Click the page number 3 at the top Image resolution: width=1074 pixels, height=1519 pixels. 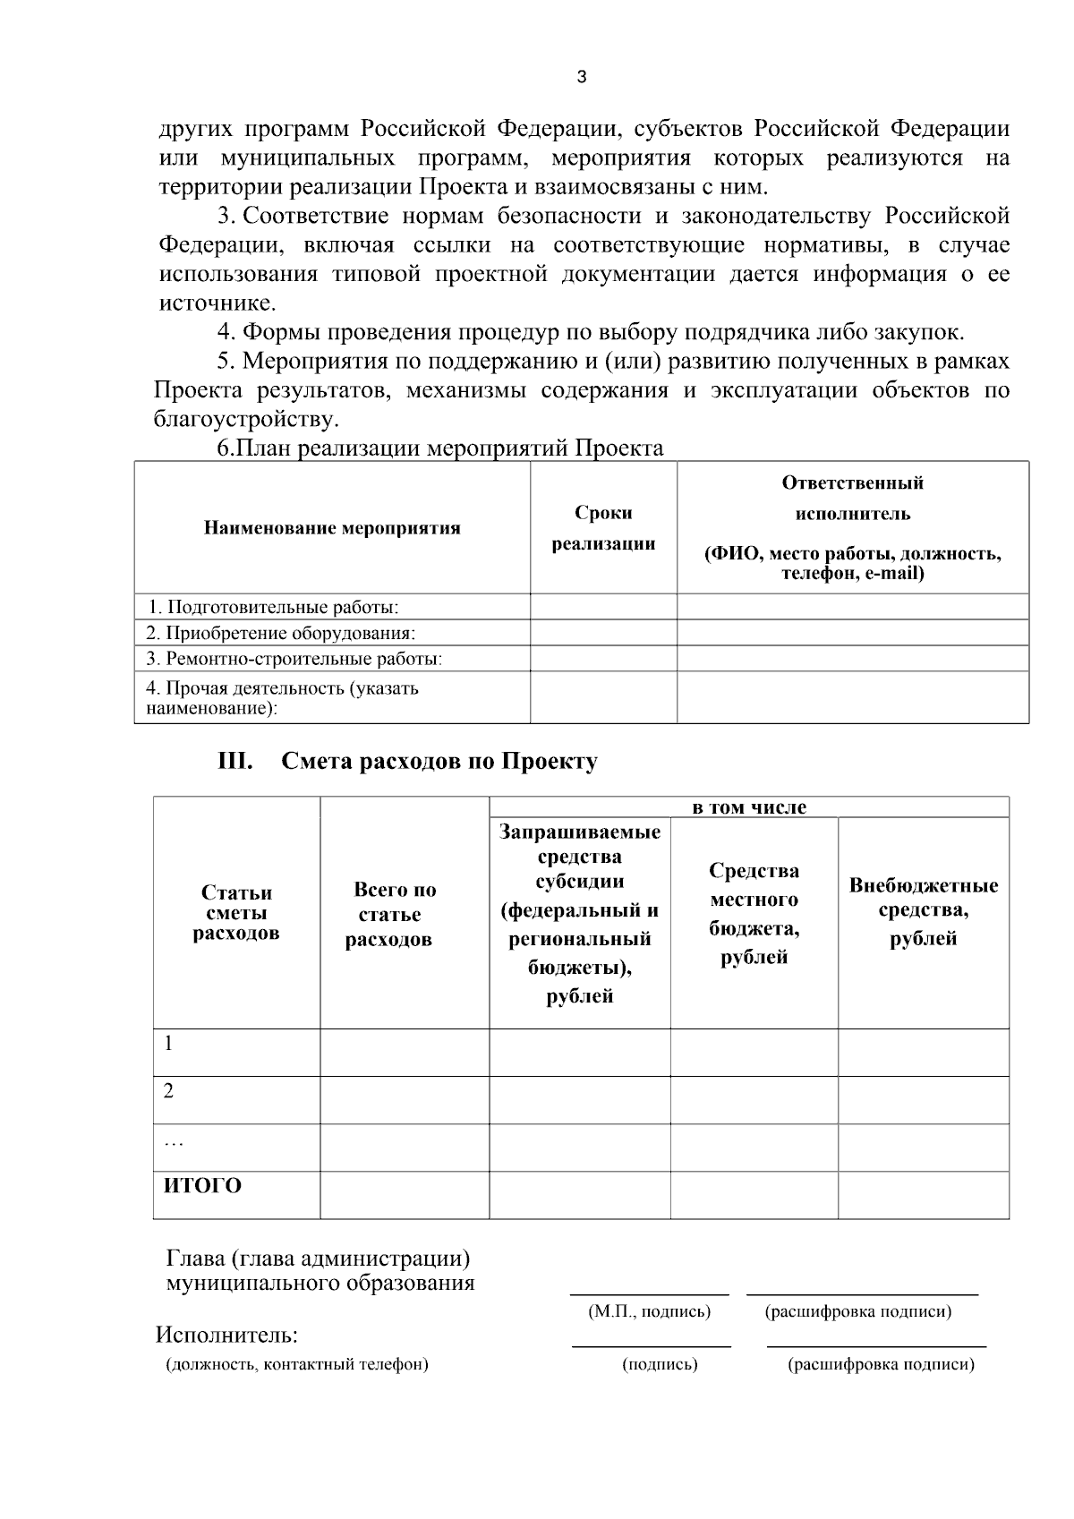tap(582, 78)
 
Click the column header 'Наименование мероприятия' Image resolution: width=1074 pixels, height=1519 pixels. tap(332, 528)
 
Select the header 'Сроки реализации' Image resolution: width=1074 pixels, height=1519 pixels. tap(603, 528)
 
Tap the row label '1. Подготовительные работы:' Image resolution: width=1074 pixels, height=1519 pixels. tap(273, 607)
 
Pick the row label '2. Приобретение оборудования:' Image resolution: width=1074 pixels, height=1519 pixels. tap(281, 633)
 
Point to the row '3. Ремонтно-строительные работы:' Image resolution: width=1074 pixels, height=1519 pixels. tap(294, 659)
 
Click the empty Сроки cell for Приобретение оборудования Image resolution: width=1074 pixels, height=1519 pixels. tap(603, 633)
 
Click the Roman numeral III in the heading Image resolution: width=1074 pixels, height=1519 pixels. tap(235, 762)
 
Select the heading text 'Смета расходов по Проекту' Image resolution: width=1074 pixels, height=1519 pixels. tap(439, 762)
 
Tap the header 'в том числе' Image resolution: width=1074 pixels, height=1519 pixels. tap(749, 807)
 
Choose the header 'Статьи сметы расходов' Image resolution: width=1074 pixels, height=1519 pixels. tap(236, 913)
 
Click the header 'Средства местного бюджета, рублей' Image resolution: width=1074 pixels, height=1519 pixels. tap(754, 914)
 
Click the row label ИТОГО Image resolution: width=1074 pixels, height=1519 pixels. tap(202, 1186)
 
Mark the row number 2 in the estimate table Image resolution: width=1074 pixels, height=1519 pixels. tap(168, 1091)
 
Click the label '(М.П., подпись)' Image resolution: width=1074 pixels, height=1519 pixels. tap(650, 1312)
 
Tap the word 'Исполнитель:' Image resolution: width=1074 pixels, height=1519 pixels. tap(227, 1336)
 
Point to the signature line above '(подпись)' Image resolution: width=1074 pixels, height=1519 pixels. tap(651, 1346)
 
